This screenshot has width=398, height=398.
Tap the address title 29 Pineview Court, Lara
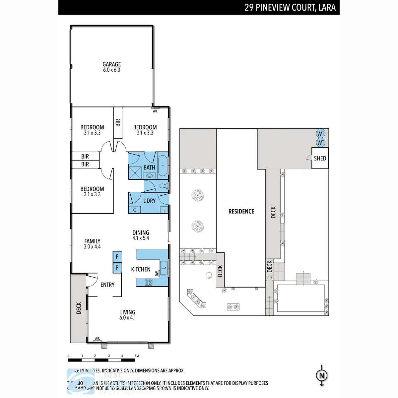[290, 7]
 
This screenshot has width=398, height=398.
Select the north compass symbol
[321, 376]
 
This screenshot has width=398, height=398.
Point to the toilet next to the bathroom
[163, 186]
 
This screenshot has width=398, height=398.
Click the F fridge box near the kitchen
[117, 257]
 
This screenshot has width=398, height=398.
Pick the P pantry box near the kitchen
[117, 267]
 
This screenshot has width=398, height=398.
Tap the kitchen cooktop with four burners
[149, 282]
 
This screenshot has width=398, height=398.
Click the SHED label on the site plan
[320, 158]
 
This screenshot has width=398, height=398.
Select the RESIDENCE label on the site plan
[241, 211]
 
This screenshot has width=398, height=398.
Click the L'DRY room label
[149, 201]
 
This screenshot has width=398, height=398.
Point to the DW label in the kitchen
[157, 274]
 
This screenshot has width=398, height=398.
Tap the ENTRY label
[107, 285]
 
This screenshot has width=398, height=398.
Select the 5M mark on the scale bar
[137, 356]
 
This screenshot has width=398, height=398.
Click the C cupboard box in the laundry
[135, 210]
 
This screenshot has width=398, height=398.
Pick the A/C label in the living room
[98, 338]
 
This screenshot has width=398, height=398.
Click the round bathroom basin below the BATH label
[149, 175]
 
